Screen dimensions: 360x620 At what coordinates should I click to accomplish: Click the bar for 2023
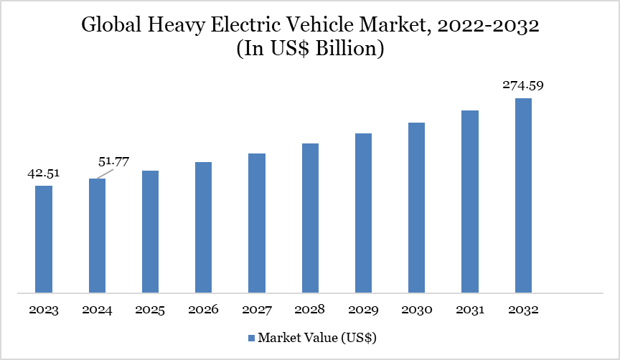coord(44,239)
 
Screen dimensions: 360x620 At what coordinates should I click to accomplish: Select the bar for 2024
coord(97,235)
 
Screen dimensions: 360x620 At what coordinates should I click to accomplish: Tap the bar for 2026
coord(204,227)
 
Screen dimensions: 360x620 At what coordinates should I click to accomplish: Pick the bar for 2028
coord(310,218)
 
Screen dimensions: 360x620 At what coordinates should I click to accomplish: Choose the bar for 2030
coord(416,207)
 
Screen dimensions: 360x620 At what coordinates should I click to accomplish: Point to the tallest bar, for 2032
coord(523,195)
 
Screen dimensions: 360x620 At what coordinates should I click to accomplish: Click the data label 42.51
coord(44,173)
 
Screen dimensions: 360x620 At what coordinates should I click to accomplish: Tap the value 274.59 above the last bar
coord(522,85)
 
